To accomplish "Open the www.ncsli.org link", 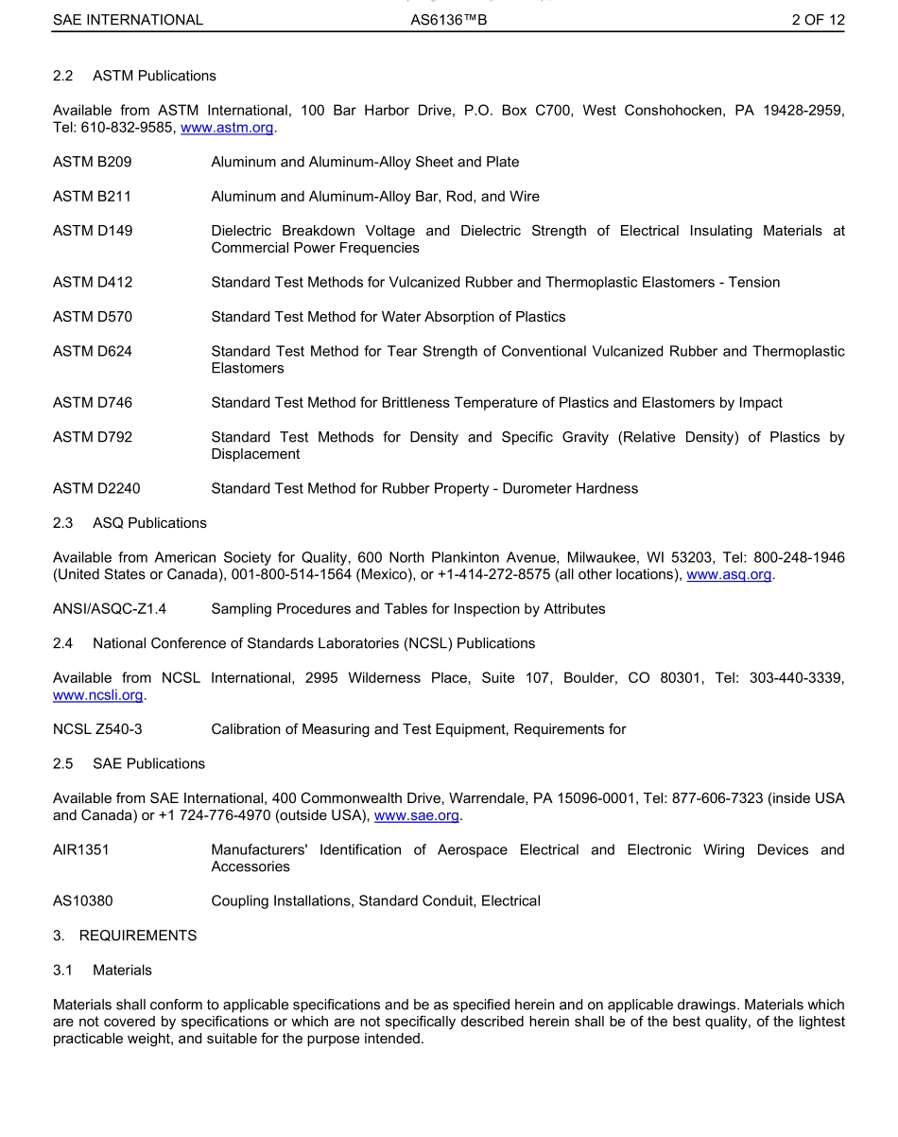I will pyautogui.click(x=98, y=695).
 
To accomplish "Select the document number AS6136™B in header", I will pyautogui.click(x=449, y=20).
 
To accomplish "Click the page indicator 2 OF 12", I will pyautogui.click(x=818, y=20).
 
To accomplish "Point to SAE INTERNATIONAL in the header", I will pyautogui.click(x=128, y=20).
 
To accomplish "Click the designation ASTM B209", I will pyautogui.click(x=93, y=163).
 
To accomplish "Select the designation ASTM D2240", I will pyautogui.click(x=96, y=489).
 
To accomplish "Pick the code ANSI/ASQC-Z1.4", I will pyautogui.click(x=110, y=609).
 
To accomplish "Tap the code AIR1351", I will pyautogui.click(x=81, y=850).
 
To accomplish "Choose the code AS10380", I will pyautogui.click(x=83, y=901).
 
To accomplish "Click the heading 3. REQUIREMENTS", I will pyautogui.click(x=125, y=936).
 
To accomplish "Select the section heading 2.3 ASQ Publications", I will pyautogui.click(x=130, y=523).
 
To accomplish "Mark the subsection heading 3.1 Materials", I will pyautogui.click(x=102, y=971).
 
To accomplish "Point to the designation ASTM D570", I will pyautogui.click(x=93, y=317).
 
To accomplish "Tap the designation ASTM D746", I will pyautogui.click(x=93, y=403).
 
